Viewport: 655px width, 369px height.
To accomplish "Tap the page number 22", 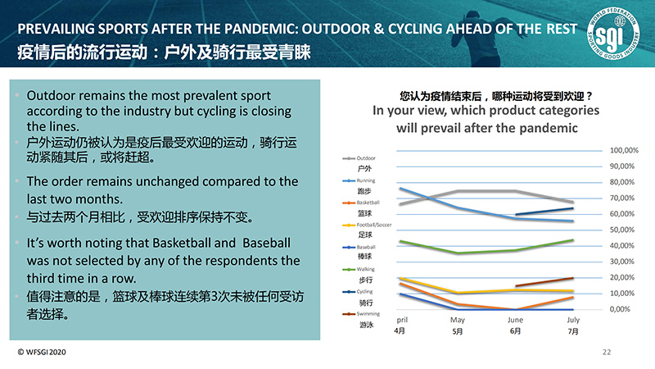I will click(607, 352).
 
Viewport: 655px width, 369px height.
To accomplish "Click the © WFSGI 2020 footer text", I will click(42, 352).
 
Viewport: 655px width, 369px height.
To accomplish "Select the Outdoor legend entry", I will click(366, 157).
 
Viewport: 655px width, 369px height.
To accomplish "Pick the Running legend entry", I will click(366, 180).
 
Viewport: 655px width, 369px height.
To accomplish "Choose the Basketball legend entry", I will click(368, 202).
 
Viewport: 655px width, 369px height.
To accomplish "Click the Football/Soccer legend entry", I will click(374, 224).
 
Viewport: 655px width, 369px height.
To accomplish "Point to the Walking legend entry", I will click(366, 268).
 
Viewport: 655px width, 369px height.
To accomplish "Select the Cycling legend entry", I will click(365, 290).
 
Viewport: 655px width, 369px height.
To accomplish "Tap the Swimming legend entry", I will click(368, 312).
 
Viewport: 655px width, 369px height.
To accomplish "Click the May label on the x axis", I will click(458, 320).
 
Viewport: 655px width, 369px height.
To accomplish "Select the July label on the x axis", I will click(573, 320).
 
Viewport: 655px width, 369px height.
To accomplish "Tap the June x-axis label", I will click(516, 320).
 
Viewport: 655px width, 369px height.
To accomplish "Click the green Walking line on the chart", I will click(458, 253).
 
